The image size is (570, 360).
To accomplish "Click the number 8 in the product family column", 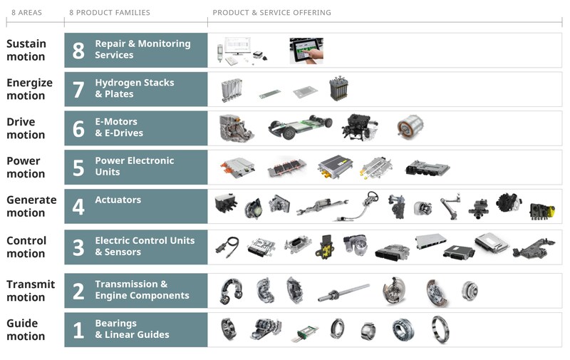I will pos(78,51).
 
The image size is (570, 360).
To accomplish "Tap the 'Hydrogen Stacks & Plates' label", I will pos(134,88).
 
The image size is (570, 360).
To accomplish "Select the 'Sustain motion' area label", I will pos(26,50).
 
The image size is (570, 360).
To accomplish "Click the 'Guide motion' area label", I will pos(26,329).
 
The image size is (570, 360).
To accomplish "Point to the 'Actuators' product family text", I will pos(118,200).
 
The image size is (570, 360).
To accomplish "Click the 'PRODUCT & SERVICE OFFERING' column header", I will pos(271,13).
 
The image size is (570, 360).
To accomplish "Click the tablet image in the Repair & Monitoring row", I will pos(306,50).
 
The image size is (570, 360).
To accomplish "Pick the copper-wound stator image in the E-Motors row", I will pos(410,127).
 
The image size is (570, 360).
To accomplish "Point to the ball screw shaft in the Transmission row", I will pos(344,292).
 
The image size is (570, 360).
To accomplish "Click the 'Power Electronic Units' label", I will pos(134,166).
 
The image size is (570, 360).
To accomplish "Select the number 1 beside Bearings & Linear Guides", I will pos(78,330).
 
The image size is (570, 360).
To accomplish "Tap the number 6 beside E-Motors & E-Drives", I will pos(78,128).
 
